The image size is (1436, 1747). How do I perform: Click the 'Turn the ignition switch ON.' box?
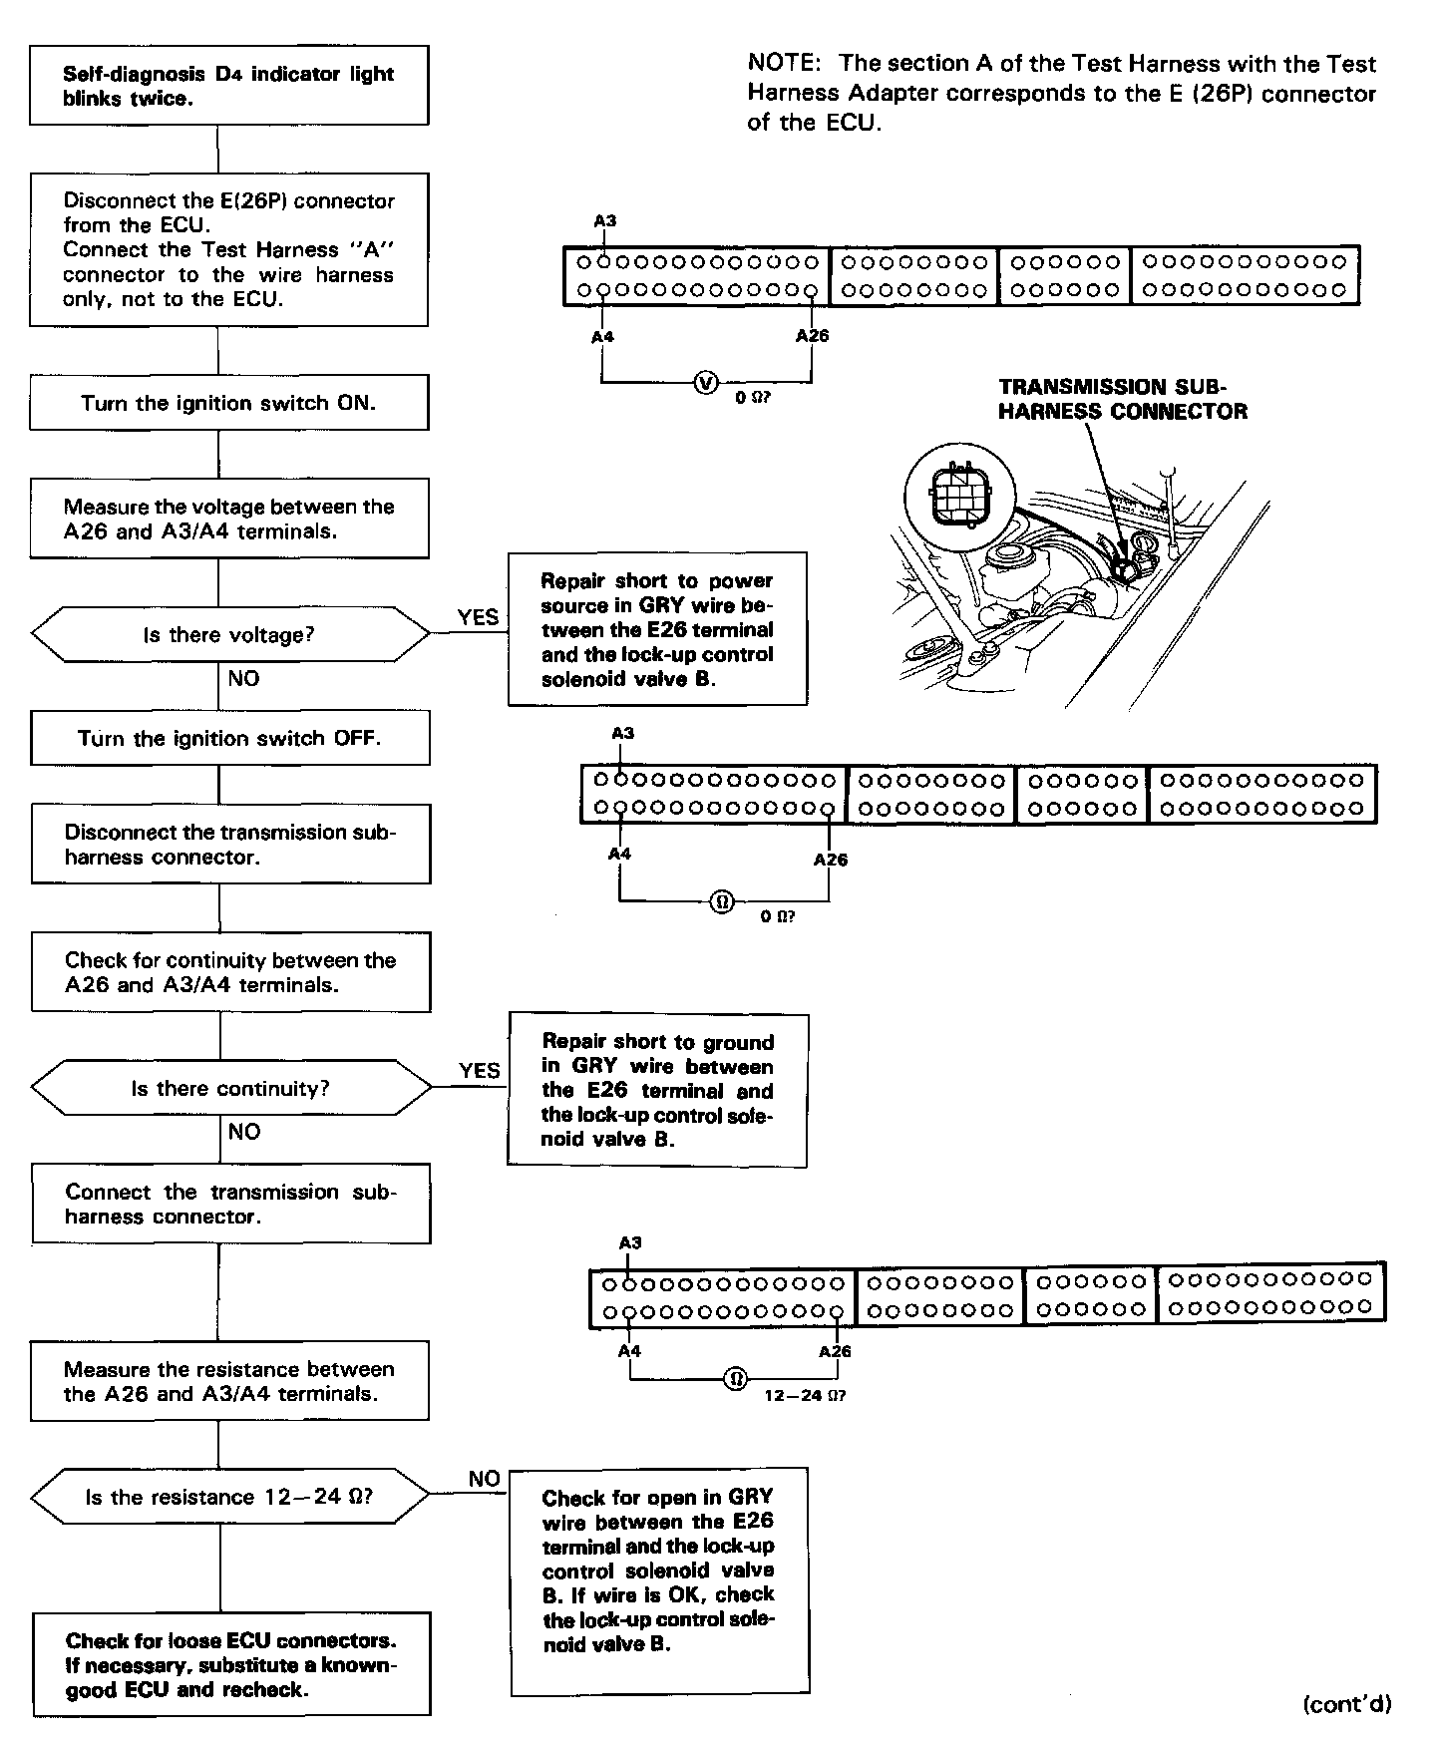pyautogui.click(x=228, y=403)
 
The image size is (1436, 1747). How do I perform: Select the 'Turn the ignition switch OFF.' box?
pyautogui.click(x=229, y=738)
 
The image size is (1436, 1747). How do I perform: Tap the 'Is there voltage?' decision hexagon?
pyautogui.click(x=228, y=635)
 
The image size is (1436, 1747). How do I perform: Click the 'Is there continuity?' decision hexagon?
pyautogui.click(x=229, y=1088)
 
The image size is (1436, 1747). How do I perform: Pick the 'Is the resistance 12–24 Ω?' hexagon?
pyautogui.click(x=228, y=1497)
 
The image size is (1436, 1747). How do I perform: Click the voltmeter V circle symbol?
pyautogui.click(x=706, y=382)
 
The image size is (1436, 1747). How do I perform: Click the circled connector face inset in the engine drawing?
pyautogui.click(x=957, y=493)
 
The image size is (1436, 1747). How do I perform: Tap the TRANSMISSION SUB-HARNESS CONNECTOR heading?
pyautogui.click(x=1122, y=399)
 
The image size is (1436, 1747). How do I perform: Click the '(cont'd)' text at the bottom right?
pyautogui.click(x=1346, y=1704)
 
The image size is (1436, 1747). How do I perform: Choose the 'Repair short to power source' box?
pyautogui.click(x=657, y=629)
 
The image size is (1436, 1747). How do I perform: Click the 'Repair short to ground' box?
pyautogui.click(x=657, y=1090)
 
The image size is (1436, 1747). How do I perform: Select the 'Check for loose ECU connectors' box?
pyautogui.click(x=231, y=1665)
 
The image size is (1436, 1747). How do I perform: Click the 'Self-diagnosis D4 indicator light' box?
pyautogui.click(x=228, y=86)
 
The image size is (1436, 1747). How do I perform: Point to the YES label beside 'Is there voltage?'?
pyautogui.click(x=478, y=617)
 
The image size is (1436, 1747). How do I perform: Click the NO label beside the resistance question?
pyautogui.click(x=484, y=1479)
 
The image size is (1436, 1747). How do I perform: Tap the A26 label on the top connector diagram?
pyautogui.click(x=812, y=336)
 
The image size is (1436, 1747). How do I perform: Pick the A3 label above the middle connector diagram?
pyautogui.click(x=622, y=734)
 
